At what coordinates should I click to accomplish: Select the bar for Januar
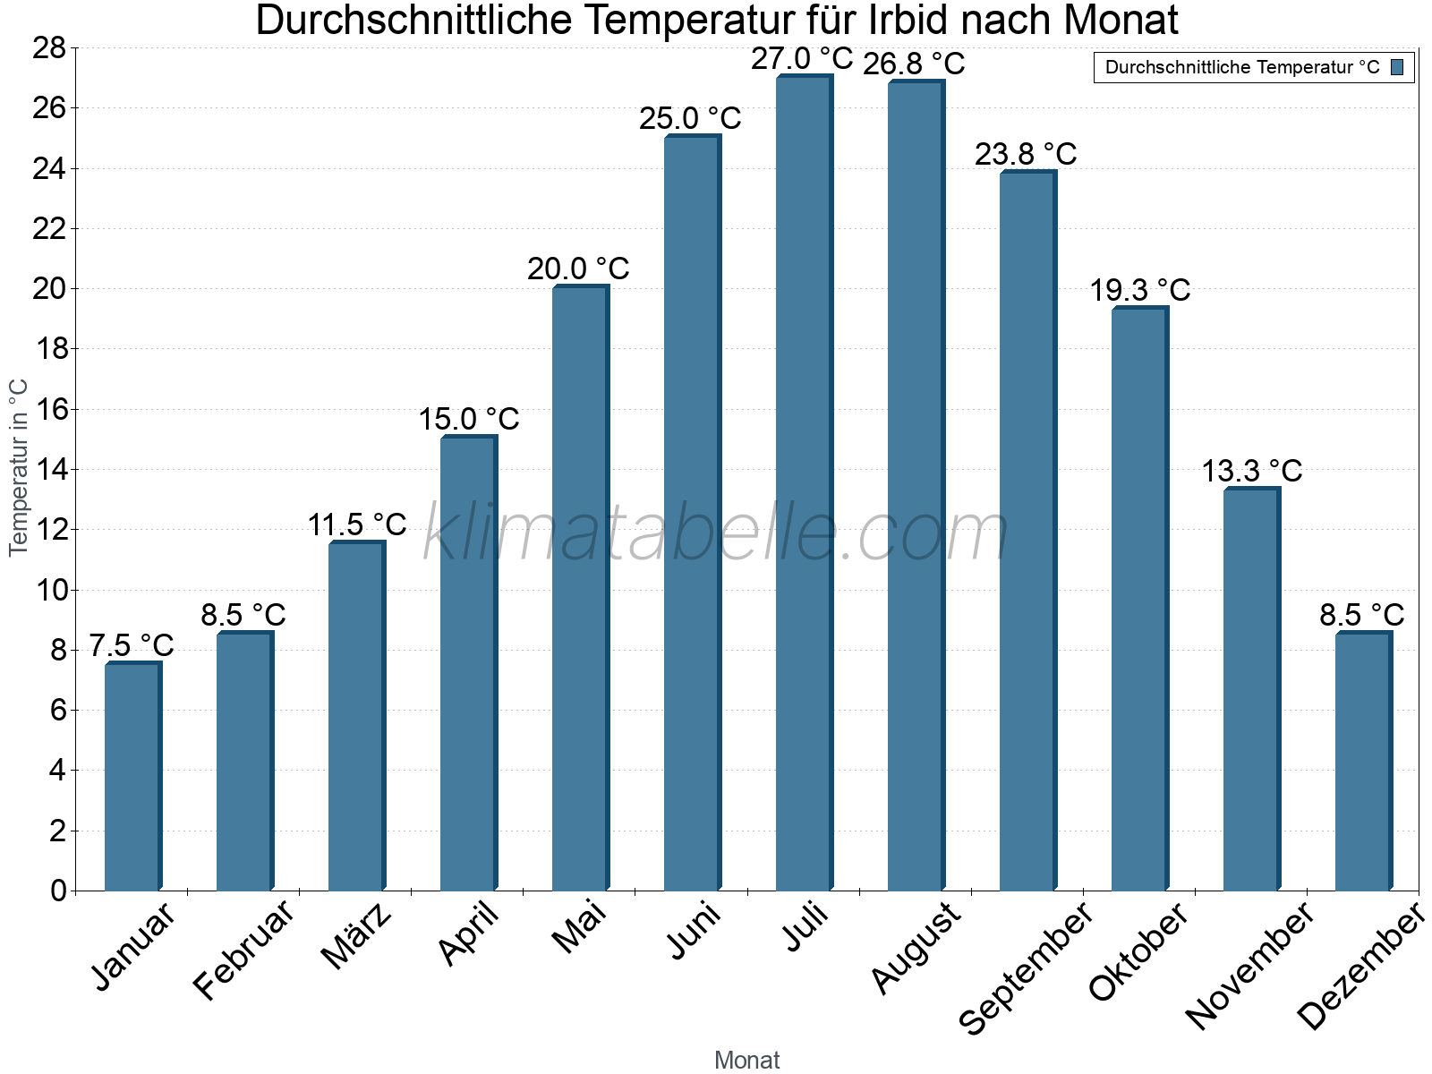click(132, 777)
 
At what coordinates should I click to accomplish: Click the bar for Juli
click(804, 483)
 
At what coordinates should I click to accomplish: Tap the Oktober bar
click(1139, 600)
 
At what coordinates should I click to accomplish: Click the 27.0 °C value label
click(802, 59)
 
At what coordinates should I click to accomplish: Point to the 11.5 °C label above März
click(357, 524)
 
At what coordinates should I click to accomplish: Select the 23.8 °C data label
click(1026, 154)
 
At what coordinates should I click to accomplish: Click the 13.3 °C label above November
click(1251, 471)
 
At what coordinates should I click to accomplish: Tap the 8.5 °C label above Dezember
click(1362, 615)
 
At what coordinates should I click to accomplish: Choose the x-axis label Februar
click(244, 949)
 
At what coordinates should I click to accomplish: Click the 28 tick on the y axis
click(49, 47)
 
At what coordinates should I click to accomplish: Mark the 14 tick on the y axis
click(49, 469)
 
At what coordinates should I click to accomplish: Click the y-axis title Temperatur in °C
click(19, 467)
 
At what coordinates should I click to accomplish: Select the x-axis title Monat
click(746, 1060)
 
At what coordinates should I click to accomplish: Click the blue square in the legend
click(1397, 67)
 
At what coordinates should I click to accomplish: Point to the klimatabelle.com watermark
click(716, 533)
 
